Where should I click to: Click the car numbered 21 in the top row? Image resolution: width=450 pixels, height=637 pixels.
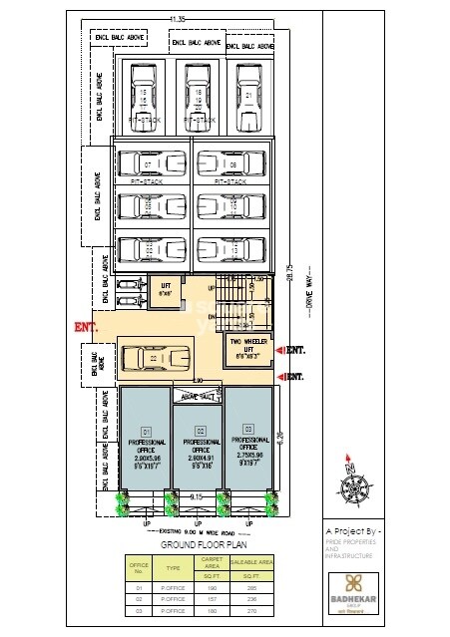click(245, 96)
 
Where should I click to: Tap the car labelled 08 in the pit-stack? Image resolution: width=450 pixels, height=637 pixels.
click(231, 163)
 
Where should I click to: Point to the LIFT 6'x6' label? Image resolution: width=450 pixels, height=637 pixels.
click(166, 290)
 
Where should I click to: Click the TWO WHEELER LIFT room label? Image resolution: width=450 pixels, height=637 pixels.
click(244, 348)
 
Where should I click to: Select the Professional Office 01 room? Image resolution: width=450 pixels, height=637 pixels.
click(147, 443)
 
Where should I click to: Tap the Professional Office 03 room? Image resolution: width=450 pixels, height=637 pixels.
click(249, 443)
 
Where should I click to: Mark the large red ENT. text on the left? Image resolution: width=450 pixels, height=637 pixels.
click(85, 327)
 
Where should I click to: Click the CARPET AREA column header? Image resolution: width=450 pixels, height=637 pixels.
click(210, 566)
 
